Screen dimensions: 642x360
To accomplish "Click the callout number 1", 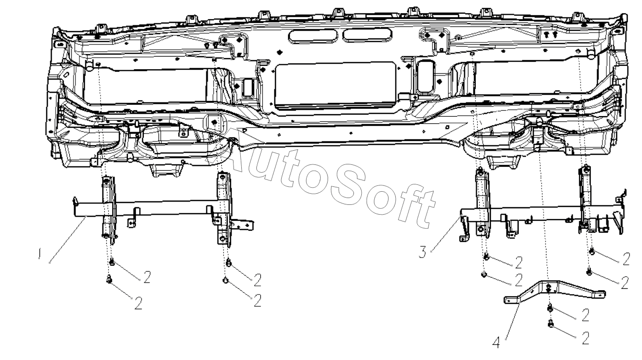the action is (x=40, y=254).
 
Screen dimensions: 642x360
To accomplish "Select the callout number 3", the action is (x=423, y=252).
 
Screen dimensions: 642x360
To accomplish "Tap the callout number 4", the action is (x=496, y=343).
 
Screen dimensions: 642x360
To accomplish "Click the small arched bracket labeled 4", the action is (x=555, y=291).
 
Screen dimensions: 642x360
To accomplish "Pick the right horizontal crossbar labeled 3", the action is (x=542, y=216).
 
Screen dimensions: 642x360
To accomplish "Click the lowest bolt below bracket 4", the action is (x=550, y=323).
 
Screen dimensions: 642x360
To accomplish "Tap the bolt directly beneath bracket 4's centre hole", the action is (x=550, y=308).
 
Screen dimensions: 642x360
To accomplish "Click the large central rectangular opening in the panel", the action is (x=335, y=85).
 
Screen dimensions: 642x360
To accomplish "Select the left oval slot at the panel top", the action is (x=312, y=36).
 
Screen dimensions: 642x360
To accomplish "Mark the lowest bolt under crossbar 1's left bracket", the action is (x=109, y=279).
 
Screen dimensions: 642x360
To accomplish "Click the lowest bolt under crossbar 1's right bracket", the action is (x=226, y=280).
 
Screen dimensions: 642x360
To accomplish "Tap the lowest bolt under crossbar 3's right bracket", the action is (x=589, y=271).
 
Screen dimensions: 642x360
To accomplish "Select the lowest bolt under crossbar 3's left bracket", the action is (x=484, y=275).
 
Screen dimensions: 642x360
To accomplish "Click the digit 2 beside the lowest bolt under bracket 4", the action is (x=585, y=338).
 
